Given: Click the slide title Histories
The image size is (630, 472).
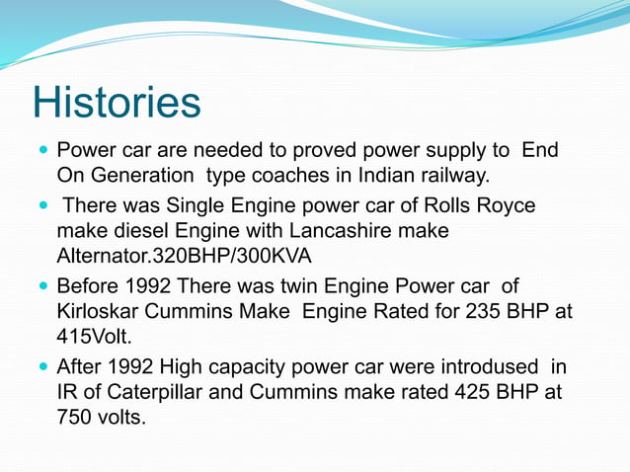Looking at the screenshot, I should (x=117, y=103).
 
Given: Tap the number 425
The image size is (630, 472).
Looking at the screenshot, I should (x=450, y=393).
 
